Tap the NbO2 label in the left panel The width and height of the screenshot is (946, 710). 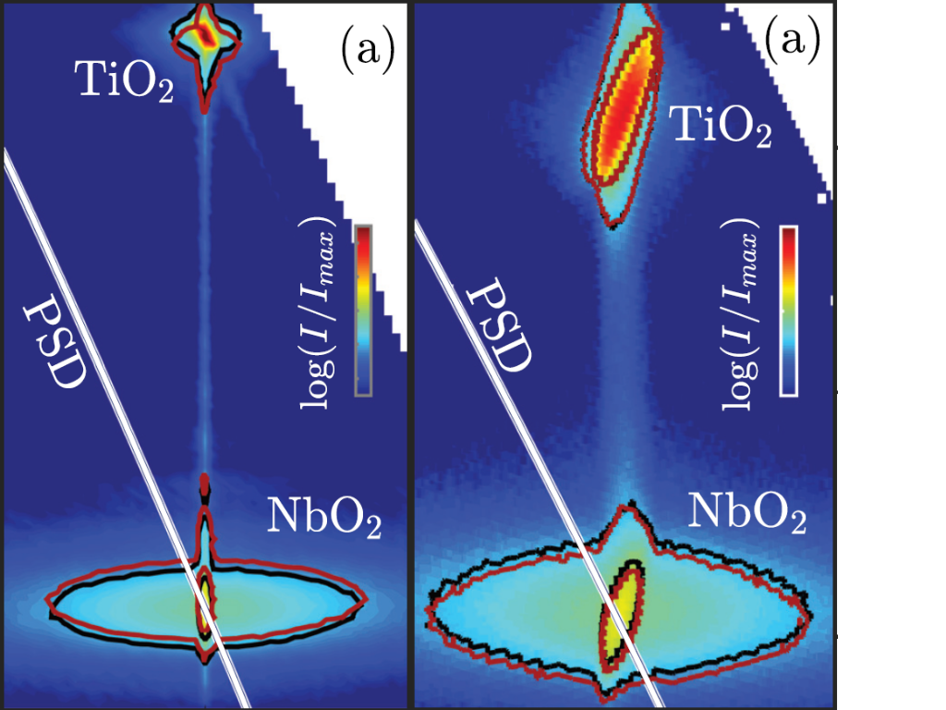[324, 520]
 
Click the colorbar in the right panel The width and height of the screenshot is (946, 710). [788, 310]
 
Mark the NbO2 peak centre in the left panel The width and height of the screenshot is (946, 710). [204, 606]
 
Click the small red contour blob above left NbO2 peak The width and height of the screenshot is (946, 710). [205, 483]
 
